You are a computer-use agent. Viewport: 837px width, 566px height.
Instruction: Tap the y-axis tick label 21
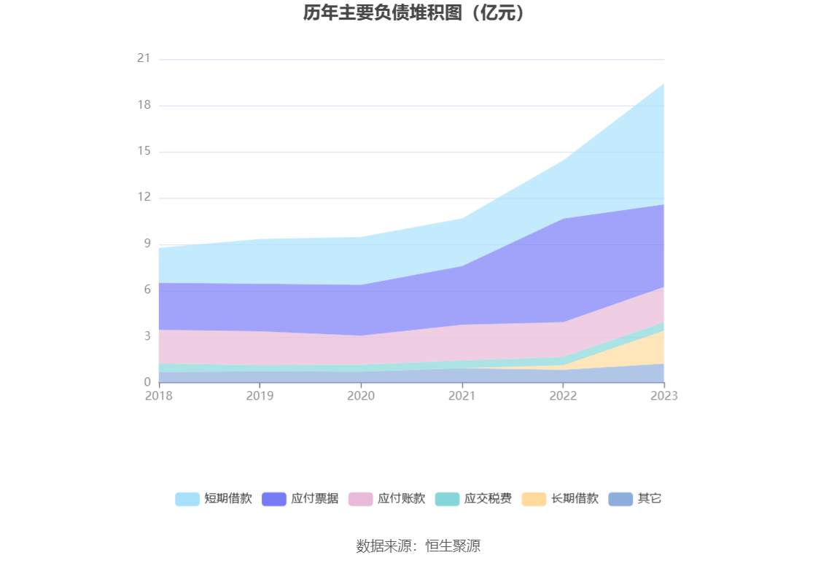(144, 58)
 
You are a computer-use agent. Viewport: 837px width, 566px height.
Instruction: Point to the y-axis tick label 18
(144, 105)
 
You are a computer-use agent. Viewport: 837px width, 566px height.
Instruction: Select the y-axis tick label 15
(144, 151)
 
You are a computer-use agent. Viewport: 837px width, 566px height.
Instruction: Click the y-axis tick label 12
(144, 197)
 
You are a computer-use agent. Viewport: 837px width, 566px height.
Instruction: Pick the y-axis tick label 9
(147, 244)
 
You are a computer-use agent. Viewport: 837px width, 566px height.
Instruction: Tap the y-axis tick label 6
(147, 290)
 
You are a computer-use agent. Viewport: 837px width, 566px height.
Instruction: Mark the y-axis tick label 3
(147, 336)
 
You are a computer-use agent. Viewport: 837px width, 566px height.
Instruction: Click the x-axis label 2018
(158, 395)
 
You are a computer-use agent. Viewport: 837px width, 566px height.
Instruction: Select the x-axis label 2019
(260, 395)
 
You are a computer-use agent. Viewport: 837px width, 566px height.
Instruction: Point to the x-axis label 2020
(361, 395)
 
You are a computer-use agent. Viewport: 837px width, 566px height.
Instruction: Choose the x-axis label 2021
(462, 395)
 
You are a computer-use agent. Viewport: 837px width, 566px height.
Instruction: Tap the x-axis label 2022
(563, 395)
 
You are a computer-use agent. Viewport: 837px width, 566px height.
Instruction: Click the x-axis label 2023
(664, 395)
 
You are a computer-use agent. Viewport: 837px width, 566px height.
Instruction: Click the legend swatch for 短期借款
(187, 499)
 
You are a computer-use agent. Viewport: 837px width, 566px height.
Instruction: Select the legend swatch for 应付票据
(273, 499)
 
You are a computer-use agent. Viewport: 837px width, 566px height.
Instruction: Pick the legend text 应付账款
(401, 499)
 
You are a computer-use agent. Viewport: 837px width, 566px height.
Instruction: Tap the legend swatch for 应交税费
(447, 499)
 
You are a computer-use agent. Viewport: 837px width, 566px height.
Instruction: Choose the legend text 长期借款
(575, 499)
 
